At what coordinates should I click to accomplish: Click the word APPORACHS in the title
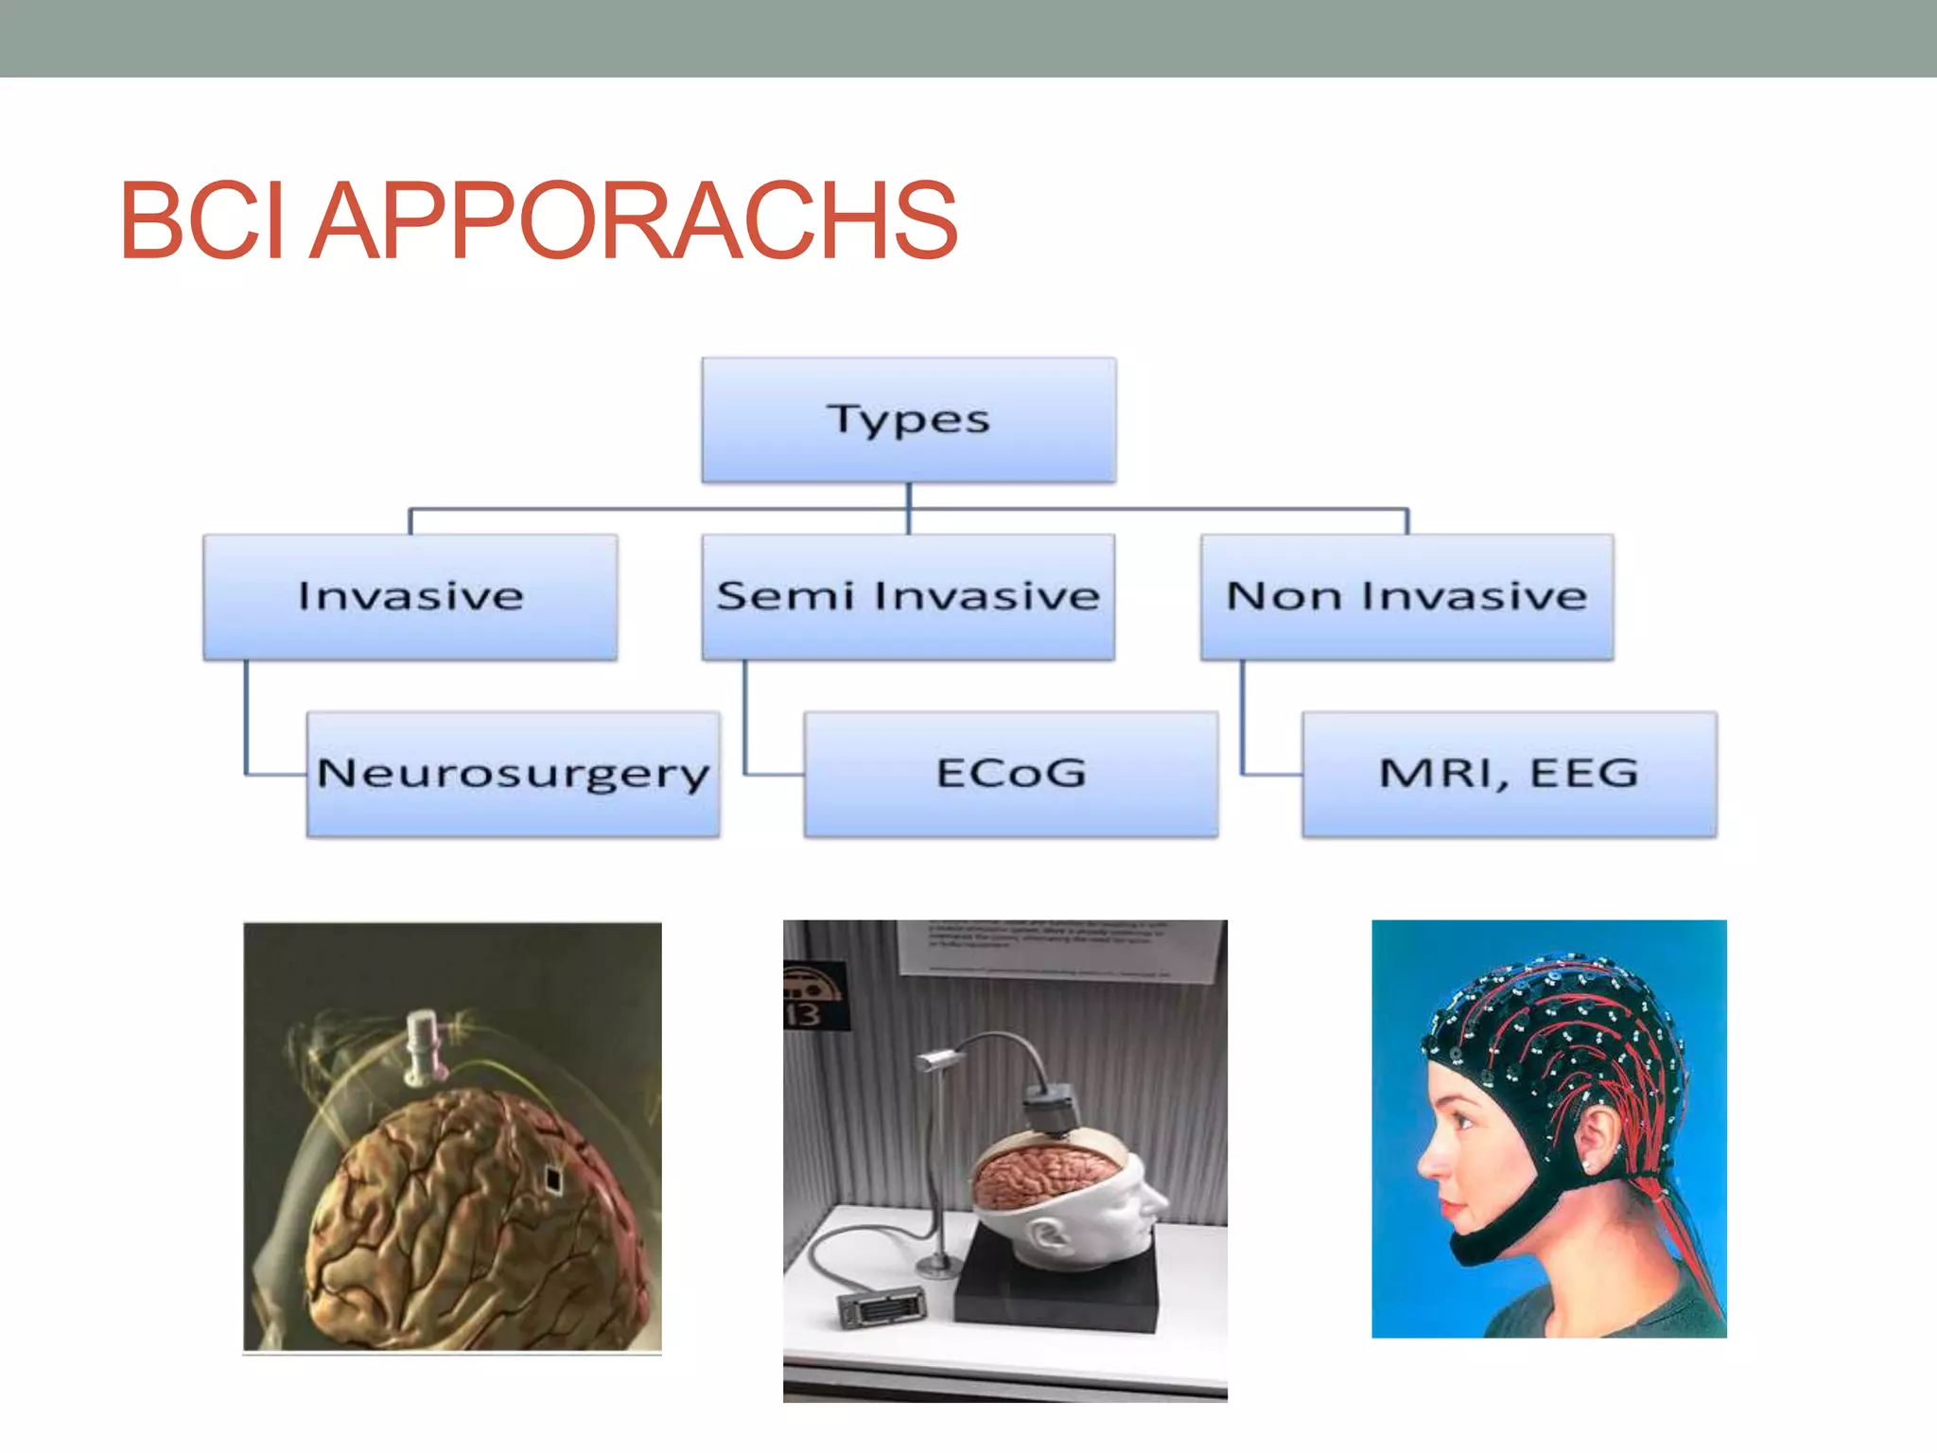[634, 221]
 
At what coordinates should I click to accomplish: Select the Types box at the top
[908, 420]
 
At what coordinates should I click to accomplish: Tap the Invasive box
[410, 597]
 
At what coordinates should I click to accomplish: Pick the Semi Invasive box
[908, 597]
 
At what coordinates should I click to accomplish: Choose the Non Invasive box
[1406, 597]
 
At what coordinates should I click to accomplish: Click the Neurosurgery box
[513, 774]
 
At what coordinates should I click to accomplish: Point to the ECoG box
[1010, 774]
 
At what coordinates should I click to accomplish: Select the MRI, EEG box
[1509, 774]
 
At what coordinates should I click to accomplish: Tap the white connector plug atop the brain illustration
[423, 1046]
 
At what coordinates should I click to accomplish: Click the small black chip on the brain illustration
[552, 1178]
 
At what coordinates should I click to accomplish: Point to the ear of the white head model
[1045, 1234]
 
